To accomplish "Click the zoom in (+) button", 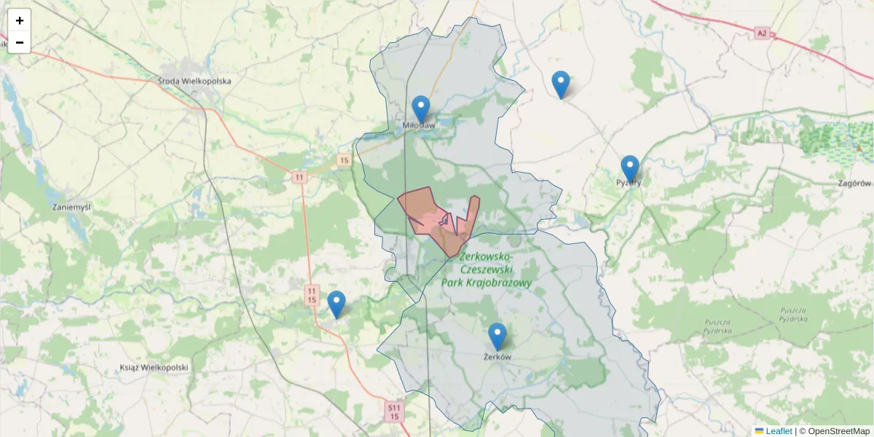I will point(20,20).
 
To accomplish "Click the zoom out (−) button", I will point(20,42).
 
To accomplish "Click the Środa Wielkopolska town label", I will point(194,81).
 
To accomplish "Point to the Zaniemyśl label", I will point(72,207).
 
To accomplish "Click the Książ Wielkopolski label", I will point(154,368).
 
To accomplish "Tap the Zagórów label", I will point(855,184).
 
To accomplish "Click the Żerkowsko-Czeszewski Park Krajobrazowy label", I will point(487,270).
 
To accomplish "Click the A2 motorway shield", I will point(762,33).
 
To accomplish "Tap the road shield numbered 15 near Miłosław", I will point(345,160).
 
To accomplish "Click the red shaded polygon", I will point(422,211).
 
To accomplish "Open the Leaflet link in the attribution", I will point(778,431).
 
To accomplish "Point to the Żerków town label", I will point(497,357).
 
